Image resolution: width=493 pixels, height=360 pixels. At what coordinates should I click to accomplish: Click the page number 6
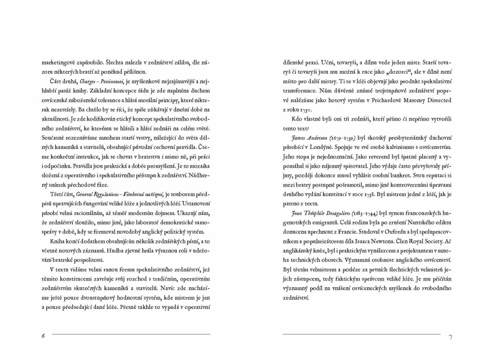(43, 335)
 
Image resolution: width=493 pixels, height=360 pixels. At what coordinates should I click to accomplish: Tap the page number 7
(450, 336)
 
